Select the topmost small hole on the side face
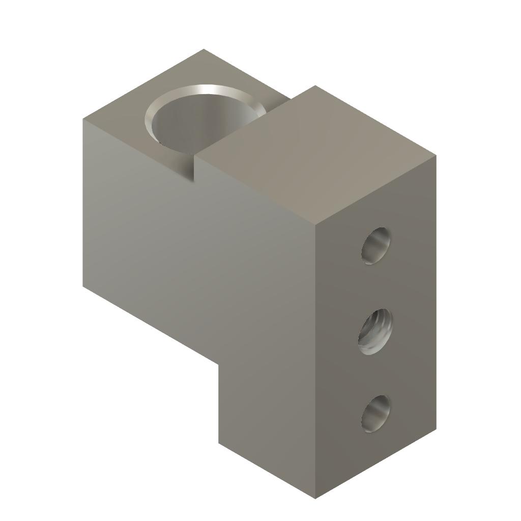click(377, 246)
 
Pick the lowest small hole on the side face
click(377, 414)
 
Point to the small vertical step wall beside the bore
click(196, 168)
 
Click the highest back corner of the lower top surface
click(204, 49)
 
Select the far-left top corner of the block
click(83, 118)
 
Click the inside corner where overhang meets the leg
click(219, 363)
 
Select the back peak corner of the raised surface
click(315, 85)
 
